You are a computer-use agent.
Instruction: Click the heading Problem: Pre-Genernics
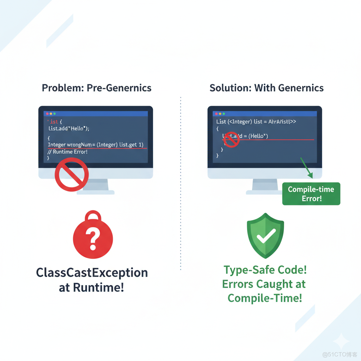point(97,88)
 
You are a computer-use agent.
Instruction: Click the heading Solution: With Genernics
point(267,88)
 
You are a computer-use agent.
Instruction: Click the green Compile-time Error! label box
point(311,194)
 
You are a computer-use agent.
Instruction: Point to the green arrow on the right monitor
point(306,167)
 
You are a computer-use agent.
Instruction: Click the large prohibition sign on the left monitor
point(72,175)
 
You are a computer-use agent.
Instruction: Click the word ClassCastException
point(92,273)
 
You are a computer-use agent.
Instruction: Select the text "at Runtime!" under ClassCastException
point(92,288)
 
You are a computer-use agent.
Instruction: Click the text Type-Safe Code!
point(265,270)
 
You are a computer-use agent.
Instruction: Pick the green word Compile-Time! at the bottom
point(265,298)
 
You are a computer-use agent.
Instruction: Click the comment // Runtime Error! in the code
point(68,152)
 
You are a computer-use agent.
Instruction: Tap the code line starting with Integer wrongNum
point(96,145)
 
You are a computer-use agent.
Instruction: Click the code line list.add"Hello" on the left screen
point(69,129)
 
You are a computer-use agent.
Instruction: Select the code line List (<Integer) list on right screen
point(256,122)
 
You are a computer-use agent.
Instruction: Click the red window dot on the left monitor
point(47,114)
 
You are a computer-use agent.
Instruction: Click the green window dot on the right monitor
point(224,114)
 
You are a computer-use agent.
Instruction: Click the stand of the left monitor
point(96,185)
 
